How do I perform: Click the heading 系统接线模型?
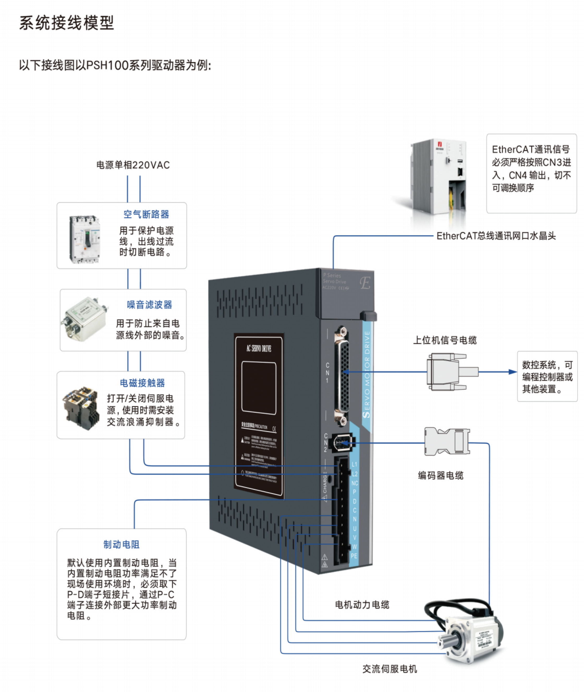click(x=66, y=23)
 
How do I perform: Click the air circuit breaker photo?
click(x=84, y=239)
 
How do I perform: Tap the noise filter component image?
click(x=84, y=319)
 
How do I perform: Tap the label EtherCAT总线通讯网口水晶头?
click(x=496, y=236)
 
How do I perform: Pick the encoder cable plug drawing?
click(x=447, y=441)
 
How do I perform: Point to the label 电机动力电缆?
click(x=362, y=605)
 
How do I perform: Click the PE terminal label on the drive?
click(x=354, y=556)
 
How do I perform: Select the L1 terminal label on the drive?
click(x=354, y=465)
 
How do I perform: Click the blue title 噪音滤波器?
click(x=149, y=305)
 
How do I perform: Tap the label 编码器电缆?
click(x=441, y=475)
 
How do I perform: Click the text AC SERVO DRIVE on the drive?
click(x=259, y=348)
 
